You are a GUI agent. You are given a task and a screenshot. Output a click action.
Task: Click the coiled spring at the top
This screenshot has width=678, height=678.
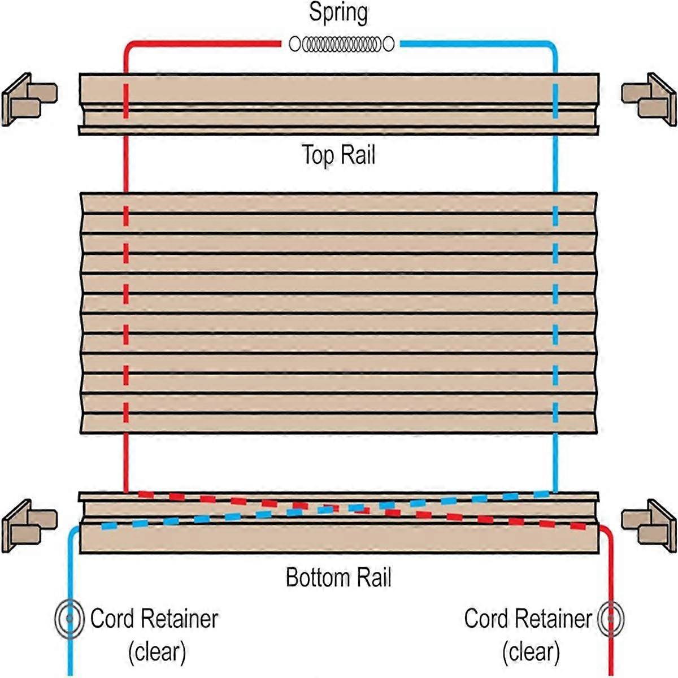341,44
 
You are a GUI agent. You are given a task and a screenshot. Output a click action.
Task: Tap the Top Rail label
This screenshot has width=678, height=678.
338,154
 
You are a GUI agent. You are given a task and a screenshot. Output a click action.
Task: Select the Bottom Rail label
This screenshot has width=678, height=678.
338,577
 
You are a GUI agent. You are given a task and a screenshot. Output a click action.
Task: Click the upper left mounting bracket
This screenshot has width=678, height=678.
29,99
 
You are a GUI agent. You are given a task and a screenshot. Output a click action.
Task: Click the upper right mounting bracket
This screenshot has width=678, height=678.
649,99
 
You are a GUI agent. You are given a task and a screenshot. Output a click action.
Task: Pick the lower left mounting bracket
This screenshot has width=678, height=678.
29,525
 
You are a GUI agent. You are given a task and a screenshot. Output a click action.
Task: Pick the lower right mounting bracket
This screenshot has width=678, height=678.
649,525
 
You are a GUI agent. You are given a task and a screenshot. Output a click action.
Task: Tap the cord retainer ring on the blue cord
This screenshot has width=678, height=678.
69,619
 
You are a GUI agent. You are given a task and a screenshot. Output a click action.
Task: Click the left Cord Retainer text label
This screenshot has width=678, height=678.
154,619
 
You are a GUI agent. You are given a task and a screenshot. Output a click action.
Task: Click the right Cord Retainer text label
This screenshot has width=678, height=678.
528,619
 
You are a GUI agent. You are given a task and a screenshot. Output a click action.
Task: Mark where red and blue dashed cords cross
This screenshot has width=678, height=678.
339,507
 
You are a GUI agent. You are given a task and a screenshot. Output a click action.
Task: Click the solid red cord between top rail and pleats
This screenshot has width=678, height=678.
125,164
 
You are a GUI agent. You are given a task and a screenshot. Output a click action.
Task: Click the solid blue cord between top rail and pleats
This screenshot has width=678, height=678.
555,164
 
